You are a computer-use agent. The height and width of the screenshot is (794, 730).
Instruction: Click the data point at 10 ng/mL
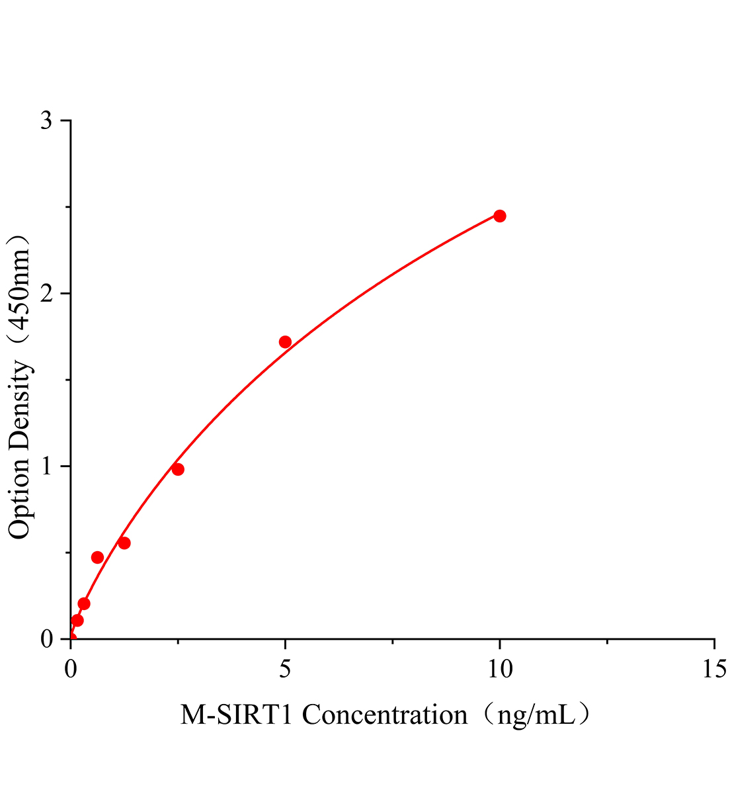(500, 216)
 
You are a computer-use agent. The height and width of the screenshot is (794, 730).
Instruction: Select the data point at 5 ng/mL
(285, 342)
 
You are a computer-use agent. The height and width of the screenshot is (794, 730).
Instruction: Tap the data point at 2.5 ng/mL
(178, 469)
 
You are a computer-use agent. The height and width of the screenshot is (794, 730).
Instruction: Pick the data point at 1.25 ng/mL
(124, 543)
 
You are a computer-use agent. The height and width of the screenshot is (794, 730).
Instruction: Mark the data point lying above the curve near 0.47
(97, 557)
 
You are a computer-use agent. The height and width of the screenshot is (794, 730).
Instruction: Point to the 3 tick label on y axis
(47, 121)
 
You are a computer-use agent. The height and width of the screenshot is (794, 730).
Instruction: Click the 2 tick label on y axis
(47, 294)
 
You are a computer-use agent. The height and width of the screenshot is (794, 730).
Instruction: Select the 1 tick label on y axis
(47, 466)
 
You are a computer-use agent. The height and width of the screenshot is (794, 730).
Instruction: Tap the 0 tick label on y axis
(47, 639)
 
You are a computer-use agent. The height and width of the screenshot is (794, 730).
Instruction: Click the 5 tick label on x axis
(285, 669)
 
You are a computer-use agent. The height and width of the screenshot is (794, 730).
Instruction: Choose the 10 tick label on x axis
(500, 669)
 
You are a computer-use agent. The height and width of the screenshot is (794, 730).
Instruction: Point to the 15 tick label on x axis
(714, 669)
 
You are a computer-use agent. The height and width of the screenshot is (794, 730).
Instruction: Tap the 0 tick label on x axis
(71, 669)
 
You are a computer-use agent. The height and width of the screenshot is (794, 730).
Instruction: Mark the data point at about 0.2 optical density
(84, 603)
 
